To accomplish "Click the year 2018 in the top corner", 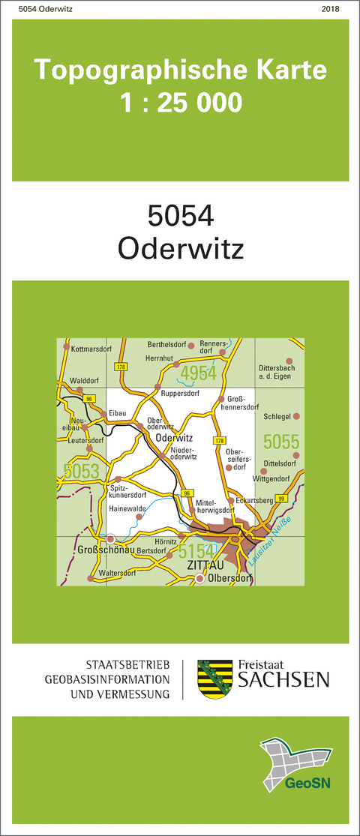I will (x=329, y=9).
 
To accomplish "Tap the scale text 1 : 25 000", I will (x=181, y=102).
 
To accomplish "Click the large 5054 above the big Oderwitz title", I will (x=181, y=216).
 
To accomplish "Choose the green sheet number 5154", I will (x=198, y=552).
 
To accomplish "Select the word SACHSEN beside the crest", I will (x=283, y=680).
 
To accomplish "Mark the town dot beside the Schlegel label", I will (x=296, y=415).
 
